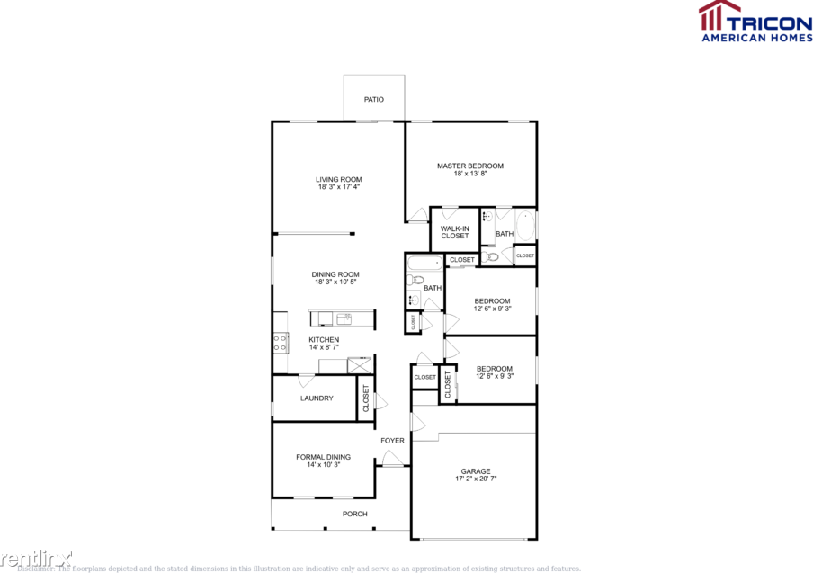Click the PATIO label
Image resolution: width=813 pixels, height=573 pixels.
374,99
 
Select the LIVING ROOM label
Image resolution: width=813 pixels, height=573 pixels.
338,179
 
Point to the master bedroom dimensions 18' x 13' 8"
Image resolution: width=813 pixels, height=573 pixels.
470,175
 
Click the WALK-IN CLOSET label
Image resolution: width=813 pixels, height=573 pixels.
455,232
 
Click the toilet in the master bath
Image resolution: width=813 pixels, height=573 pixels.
490,257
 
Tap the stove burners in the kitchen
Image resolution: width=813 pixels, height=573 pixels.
280,342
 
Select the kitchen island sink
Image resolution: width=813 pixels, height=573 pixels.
344,318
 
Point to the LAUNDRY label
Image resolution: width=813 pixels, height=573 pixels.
317,398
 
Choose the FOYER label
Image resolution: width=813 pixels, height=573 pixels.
392,440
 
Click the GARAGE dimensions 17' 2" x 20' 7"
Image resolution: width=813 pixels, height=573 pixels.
476,479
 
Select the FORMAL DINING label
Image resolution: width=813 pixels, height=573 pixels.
324,457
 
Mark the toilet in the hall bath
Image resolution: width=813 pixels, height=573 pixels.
415,281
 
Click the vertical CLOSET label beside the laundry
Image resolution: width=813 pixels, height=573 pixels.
366,398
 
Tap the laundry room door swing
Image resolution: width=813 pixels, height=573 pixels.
307,380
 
